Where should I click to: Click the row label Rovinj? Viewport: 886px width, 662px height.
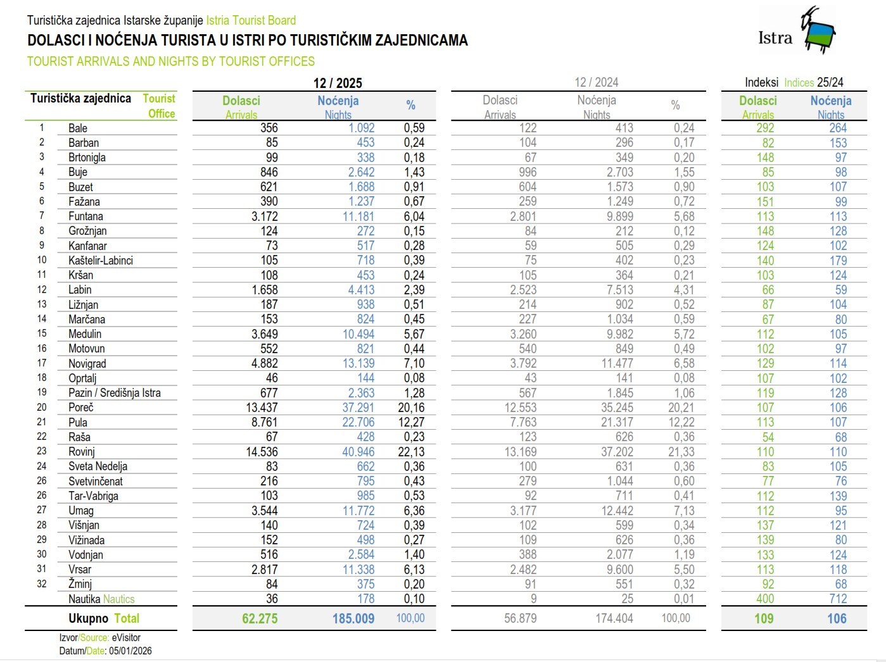82,452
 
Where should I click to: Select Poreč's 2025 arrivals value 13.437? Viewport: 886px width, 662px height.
262,408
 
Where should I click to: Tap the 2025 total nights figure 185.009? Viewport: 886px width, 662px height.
353,619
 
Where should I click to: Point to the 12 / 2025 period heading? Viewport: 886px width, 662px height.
338,83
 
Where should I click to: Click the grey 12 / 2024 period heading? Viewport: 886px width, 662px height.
596,82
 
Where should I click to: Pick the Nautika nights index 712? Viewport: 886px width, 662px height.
838,599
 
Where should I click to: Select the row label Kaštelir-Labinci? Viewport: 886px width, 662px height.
101,260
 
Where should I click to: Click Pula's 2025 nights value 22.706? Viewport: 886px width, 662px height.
358,422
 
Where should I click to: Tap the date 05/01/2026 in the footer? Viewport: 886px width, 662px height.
130,651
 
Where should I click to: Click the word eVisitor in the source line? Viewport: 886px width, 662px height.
126,638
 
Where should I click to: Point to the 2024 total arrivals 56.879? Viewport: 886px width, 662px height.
520,618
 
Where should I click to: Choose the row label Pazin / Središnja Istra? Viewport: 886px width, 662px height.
115,393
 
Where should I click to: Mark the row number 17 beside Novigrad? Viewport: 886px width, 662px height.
42,363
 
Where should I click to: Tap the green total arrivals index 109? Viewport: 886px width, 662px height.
764,619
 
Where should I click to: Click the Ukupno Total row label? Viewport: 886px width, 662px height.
104,618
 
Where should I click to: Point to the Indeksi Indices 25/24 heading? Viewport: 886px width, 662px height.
794,82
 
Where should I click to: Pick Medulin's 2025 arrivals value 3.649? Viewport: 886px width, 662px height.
265,334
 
